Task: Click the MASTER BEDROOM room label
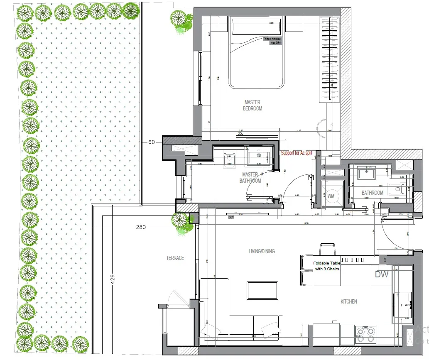point(252,105)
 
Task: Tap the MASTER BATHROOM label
point(250,178)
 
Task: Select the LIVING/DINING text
point(262,251)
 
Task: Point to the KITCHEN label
point(348,301)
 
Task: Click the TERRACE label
point(175,258)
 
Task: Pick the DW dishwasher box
point(381,274)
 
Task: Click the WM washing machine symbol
point(331,195)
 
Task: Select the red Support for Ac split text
point(297,153)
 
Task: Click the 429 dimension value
point(112,279)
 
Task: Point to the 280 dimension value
point(142,227)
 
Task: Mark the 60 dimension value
point(151,142)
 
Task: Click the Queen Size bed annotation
point(273,41)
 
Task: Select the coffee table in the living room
point(262,289)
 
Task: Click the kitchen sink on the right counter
point(402,304)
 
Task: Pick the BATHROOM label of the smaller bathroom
point(372,193)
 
